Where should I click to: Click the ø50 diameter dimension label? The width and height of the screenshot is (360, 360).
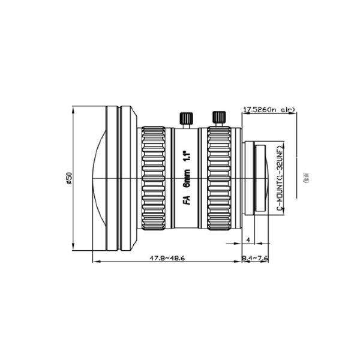coord(69,178)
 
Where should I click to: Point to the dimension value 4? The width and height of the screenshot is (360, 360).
coord(248,239)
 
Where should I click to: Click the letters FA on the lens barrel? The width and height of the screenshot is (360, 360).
coord(187,202)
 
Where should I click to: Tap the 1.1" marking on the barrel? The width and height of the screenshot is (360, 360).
coord(187,158)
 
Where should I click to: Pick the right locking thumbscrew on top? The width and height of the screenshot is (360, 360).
coord(219,118)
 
